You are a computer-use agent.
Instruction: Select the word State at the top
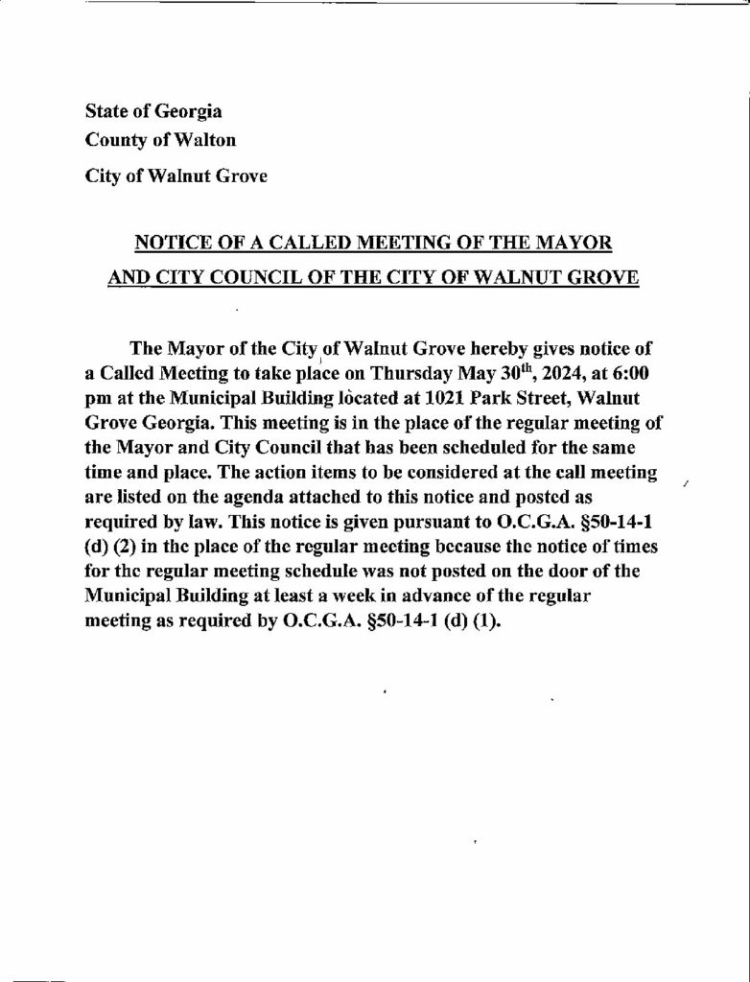[105, 112]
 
